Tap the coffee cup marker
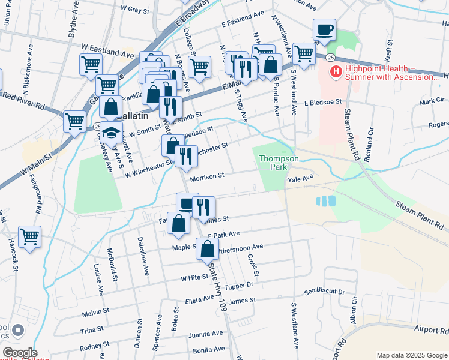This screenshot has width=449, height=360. pyautogui.click(x=324, y=29)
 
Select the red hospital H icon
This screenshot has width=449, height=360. pyautogui.click(x=336, y=72)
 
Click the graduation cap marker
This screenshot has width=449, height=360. pyautogui.click(x=111, y=133)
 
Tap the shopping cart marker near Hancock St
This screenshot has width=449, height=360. pyautogui.click(x=29, y=236)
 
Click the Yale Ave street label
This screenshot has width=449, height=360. pyautogui.click(x=301, y=178)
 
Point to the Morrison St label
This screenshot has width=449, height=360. pyautogui.click(x=206, y=176)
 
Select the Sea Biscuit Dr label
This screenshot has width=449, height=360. pyautogui.click(x=325, y=291)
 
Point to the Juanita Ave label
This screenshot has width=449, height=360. pyautogui.click(x=201, y=335)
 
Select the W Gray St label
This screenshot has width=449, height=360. pyautogui.click(x=134, y=10)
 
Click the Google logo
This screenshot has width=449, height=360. pyautogui.click(x=19, y=352)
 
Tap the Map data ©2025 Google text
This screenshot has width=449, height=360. pyautogui.click(x=411, y=355)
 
